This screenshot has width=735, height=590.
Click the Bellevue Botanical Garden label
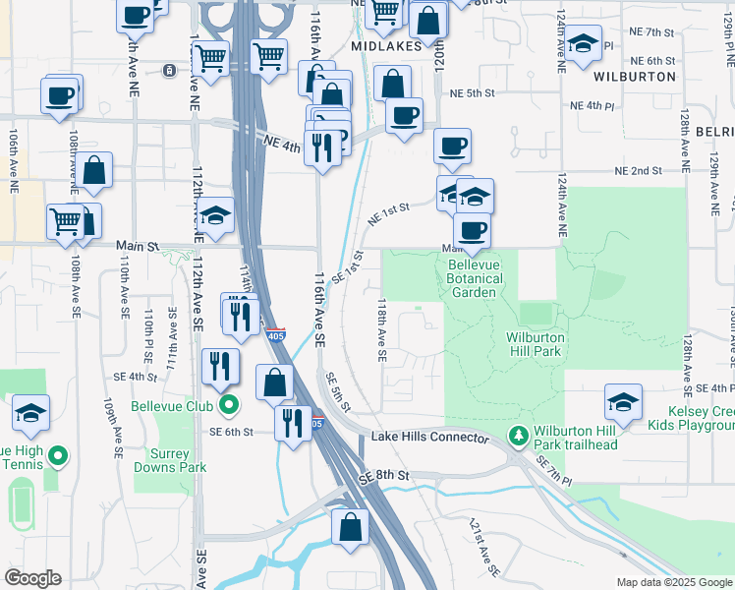pos(476,271)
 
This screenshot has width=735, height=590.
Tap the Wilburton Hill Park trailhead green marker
pos(517,435)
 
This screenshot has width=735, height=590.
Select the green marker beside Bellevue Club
pos(229,404)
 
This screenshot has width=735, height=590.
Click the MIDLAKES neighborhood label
pos(386,46)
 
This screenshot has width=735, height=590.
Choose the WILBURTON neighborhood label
pos(635,76)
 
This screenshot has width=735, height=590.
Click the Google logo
pos(32,578)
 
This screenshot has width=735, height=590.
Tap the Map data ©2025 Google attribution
pos(675,582)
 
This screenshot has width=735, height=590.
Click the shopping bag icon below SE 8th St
pos(351,527)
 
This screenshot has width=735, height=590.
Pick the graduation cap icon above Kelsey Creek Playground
pos(623,401)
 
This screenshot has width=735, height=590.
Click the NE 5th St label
pos(470,93)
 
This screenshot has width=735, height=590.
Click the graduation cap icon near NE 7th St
pos(584,43)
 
